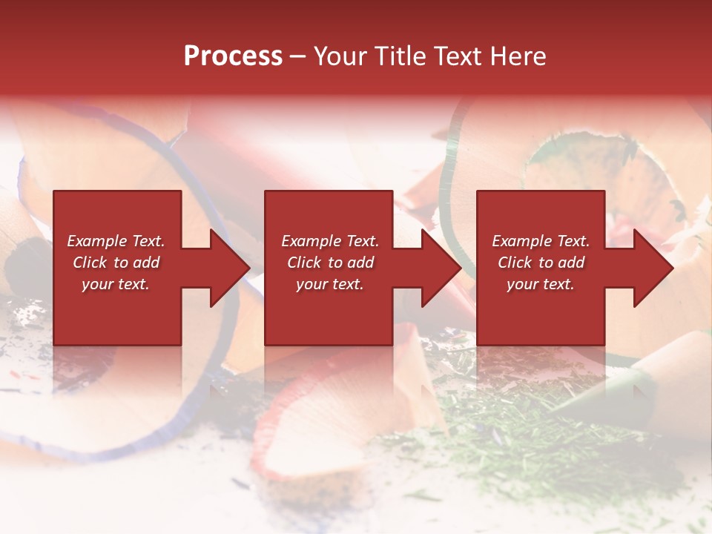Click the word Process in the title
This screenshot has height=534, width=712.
pyautogui.click(x=233, y=56)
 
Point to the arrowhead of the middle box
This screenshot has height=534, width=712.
pyautogui.click(x=441, y=268)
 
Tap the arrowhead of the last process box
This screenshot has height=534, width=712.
pyautogui.click(x=653, y=268)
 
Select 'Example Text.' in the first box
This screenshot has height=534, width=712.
pyautogui.click(x=116, y=241)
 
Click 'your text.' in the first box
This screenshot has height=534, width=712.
pyautogui.click(x=116, y=284)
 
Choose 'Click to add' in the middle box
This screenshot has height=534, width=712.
pyautogui.click(x=330, y=263)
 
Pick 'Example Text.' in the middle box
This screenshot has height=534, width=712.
pyautogui.click(x=330, y=241)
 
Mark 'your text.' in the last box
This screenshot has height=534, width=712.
pyautogui.click(x=541, y=284)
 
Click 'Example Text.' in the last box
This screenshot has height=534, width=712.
pyautogui.click(x=541, y=241)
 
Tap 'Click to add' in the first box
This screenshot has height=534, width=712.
pyautogui.click(x=116, y=263)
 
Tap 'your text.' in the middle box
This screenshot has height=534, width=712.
pyautogui.click(x=330, y=284)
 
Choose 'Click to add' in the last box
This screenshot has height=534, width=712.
pyautogui.click(x=541, y=263)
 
